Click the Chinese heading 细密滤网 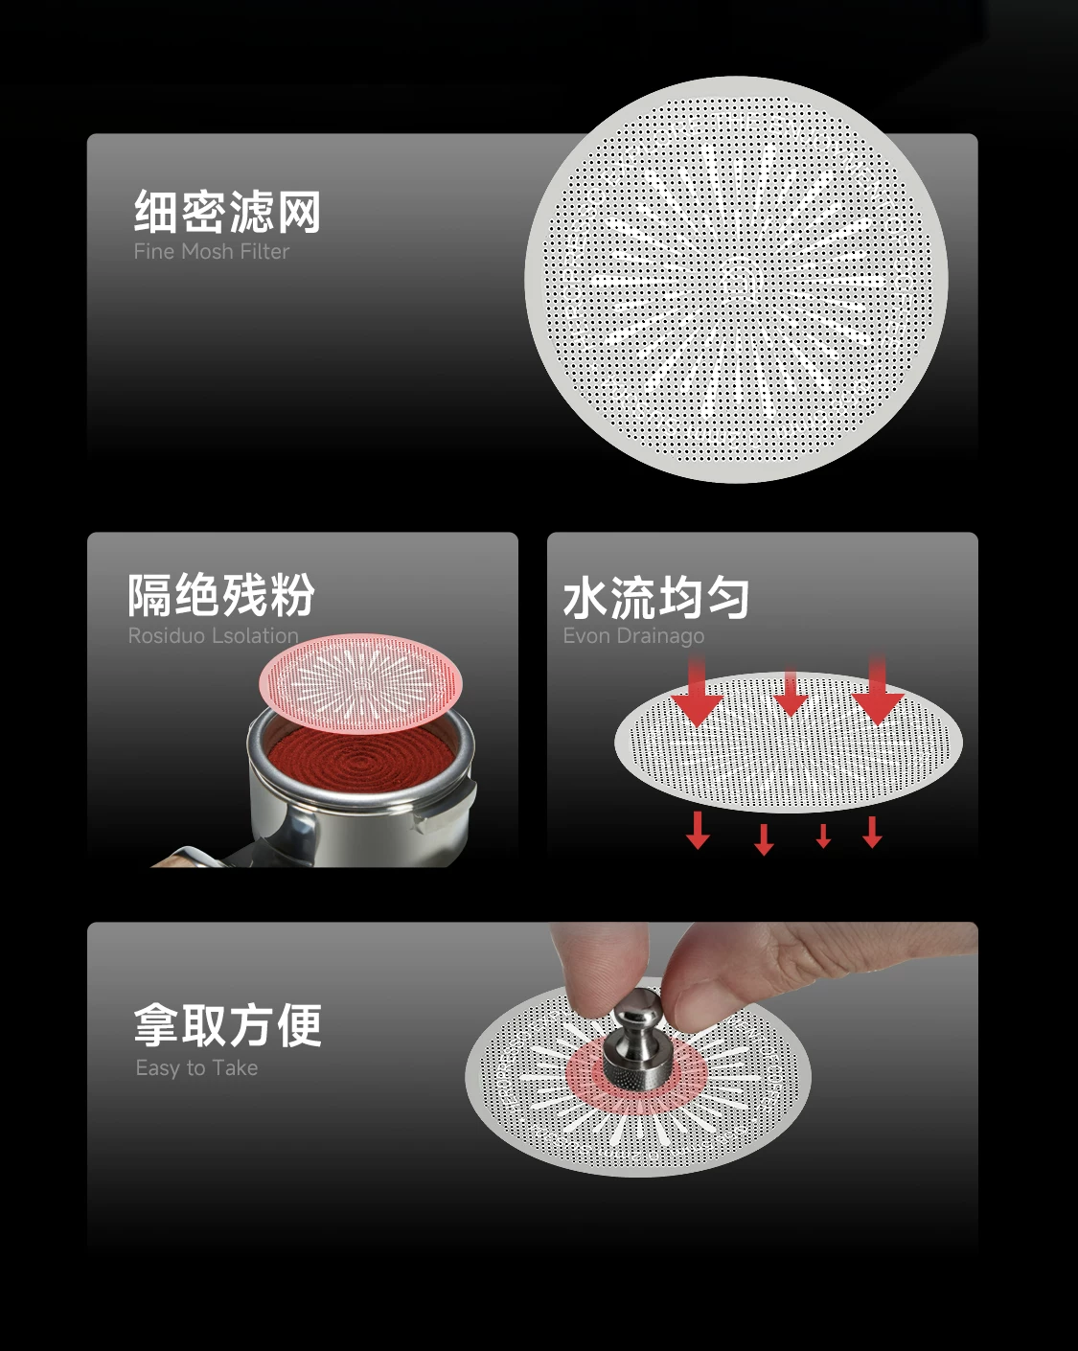227,212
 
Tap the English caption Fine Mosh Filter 212,252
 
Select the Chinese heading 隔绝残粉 221,594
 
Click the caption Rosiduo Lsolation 214,636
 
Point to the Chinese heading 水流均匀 656,598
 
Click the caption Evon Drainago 633,636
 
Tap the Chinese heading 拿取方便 227,1025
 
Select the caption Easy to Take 196,1068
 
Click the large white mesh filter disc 736,280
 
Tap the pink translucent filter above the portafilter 361,682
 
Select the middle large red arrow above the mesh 791,693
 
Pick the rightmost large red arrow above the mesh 878,690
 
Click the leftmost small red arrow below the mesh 698,830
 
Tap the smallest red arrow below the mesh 824,836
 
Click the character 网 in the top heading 299,212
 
